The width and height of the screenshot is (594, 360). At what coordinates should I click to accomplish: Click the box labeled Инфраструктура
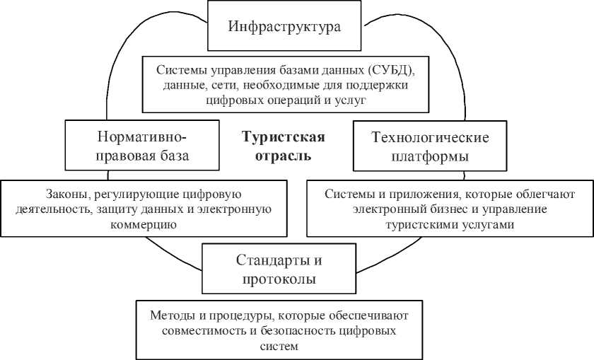click(285, 28)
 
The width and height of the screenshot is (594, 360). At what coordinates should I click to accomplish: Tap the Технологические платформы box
click(430, 146)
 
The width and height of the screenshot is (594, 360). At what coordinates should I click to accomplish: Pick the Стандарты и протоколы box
click(279, 269)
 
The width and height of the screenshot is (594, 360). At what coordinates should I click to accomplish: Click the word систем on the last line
click(277, 347)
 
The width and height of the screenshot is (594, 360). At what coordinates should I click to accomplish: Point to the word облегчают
click(547, 194)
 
